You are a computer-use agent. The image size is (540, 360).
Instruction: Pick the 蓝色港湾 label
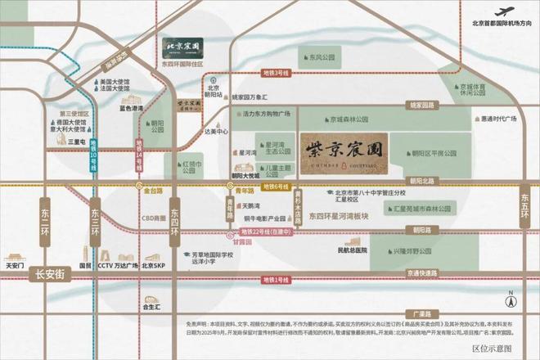(x=130, y=108)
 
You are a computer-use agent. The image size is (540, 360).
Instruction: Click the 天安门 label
(x=16, y=266)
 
